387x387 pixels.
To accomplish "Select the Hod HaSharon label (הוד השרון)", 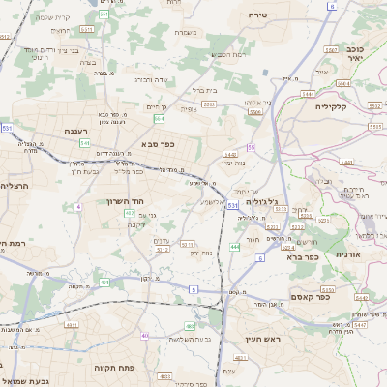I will click(x=124, y=201).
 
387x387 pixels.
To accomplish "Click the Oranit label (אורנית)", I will click(x=346, y=253).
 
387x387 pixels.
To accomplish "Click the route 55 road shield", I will click(x=251, y=147).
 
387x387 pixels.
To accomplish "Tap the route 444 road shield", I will click(x=235, y=246).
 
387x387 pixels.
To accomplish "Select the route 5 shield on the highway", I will click(x=193, y=289).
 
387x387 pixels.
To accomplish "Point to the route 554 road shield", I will click(x=158, y=118).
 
